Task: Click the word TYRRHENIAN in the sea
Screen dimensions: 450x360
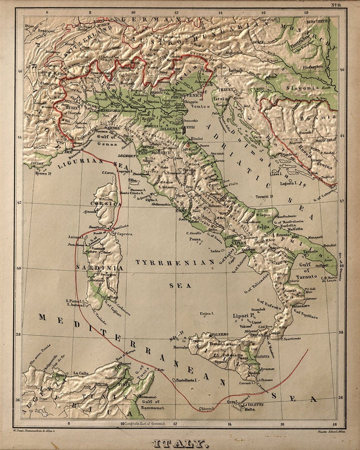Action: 175,262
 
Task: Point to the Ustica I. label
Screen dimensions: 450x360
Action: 206,314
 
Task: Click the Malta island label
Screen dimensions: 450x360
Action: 249,409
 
